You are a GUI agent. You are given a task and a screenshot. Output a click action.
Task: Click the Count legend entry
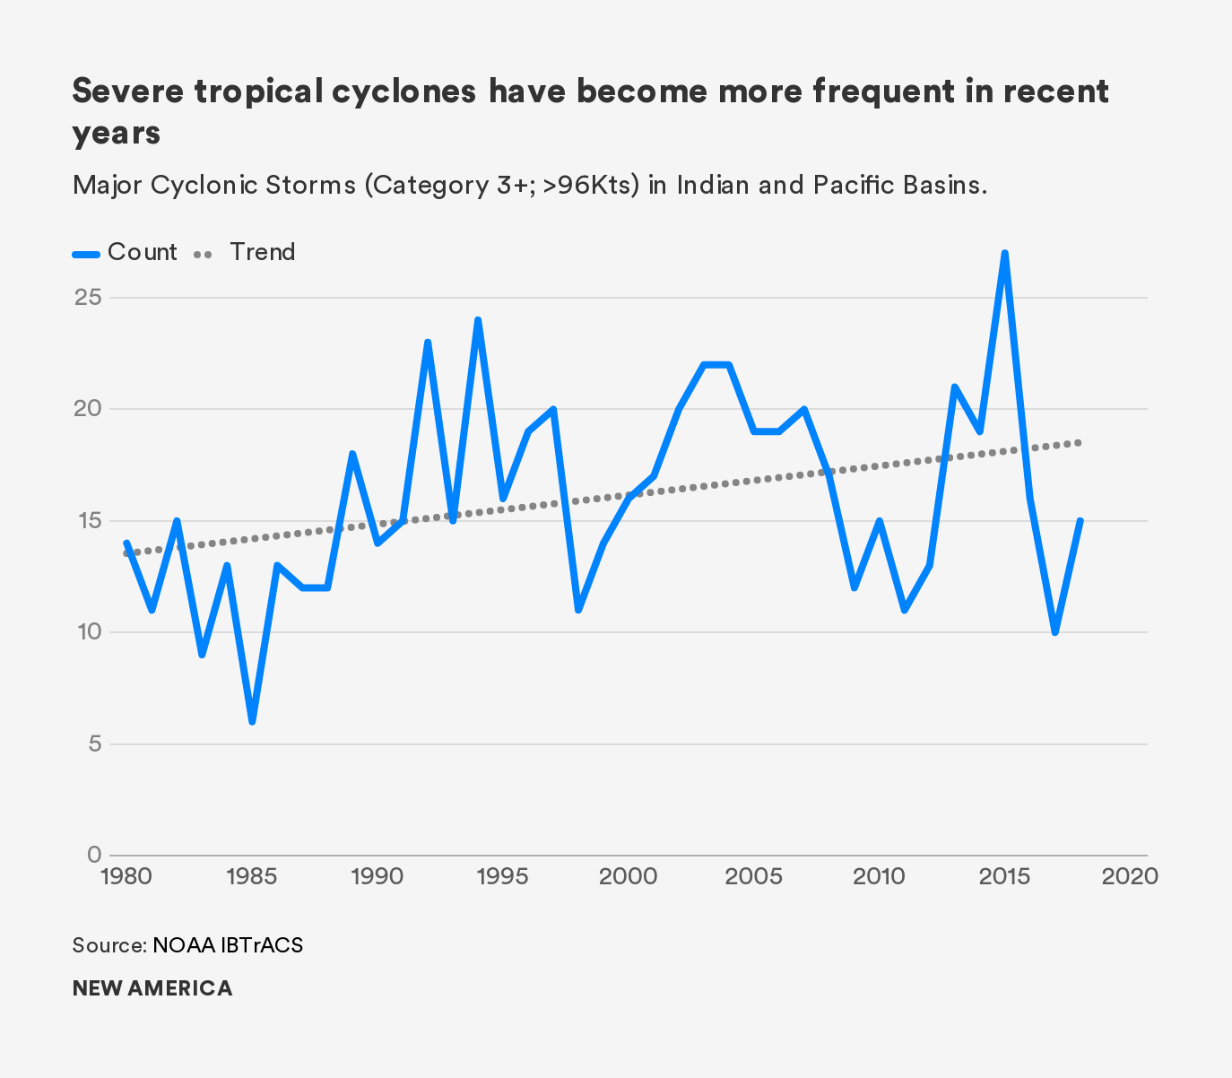coord(126,252)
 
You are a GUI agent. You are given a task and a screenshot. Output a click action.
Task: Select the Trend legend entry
coord(245,252)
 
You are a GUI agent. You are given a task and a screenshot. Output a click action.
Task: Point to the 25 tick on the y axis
coord(88,297)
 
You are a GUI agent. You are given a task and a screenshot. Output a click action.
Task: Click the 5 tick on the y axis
coord(94,743)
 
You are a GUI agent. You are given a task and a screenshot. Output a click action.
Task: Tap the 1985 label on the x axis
coord(251,875)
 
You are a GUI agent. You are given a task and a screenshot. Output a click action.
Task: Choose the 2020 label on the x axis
coord(1130,875)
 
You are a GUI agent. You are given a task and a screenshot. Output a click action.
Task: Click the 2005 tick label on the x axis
coord(753,875)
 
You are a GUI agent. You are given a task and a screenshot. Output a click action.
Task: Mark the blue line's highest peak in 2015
coord(1005,254)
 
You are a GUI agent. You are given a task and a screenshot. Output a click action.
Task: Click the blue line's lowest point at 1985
coord(252,721)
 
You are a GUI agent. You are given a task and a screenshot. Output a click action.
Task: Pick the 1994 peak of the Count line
coord(478,320)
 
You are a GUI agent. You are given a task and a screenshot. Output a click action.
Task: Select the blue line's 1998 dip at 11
coord(578,610)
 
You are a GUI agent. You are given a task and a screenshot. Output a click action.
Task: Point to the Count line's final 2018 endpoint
coord(1080,520)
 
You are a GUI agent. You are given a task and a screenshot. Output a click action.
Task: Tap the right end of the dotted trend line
coord(1080,442)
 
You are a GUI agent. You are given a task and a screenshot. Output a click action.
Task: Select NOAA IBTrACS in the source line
coord(228,945)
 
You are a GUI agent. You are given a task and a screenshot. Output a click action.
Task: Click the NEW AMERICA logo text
coord(152,988)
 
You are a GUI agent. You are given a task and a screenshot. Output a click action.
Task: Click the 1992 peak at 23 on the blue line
coord(428,343)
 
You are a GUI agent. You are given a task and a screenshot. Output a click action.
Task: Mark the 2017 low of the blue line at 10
coord(1055,632)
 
